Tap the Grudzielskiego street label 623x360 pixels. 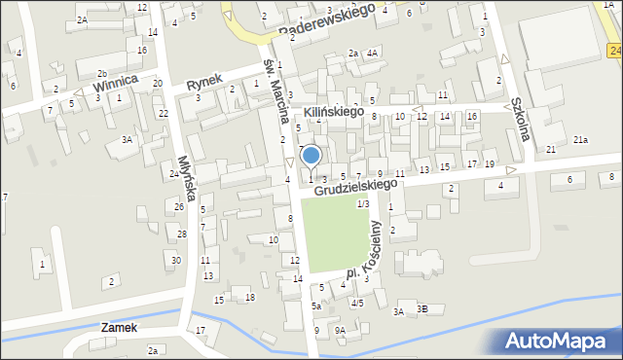point(356,184)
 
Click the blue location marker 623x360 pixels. point(311,155)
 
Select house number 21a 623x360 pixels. point(580,140)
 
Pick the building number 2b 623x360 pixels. point(102,74)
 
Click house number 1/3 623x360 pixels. point(363,203)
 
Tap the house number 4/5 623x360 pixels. point(357,303)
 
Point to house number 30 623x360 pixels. point(176,260)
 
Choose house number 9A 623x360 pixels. point(340,330)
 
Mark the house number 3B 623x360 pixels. point(421,309)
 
